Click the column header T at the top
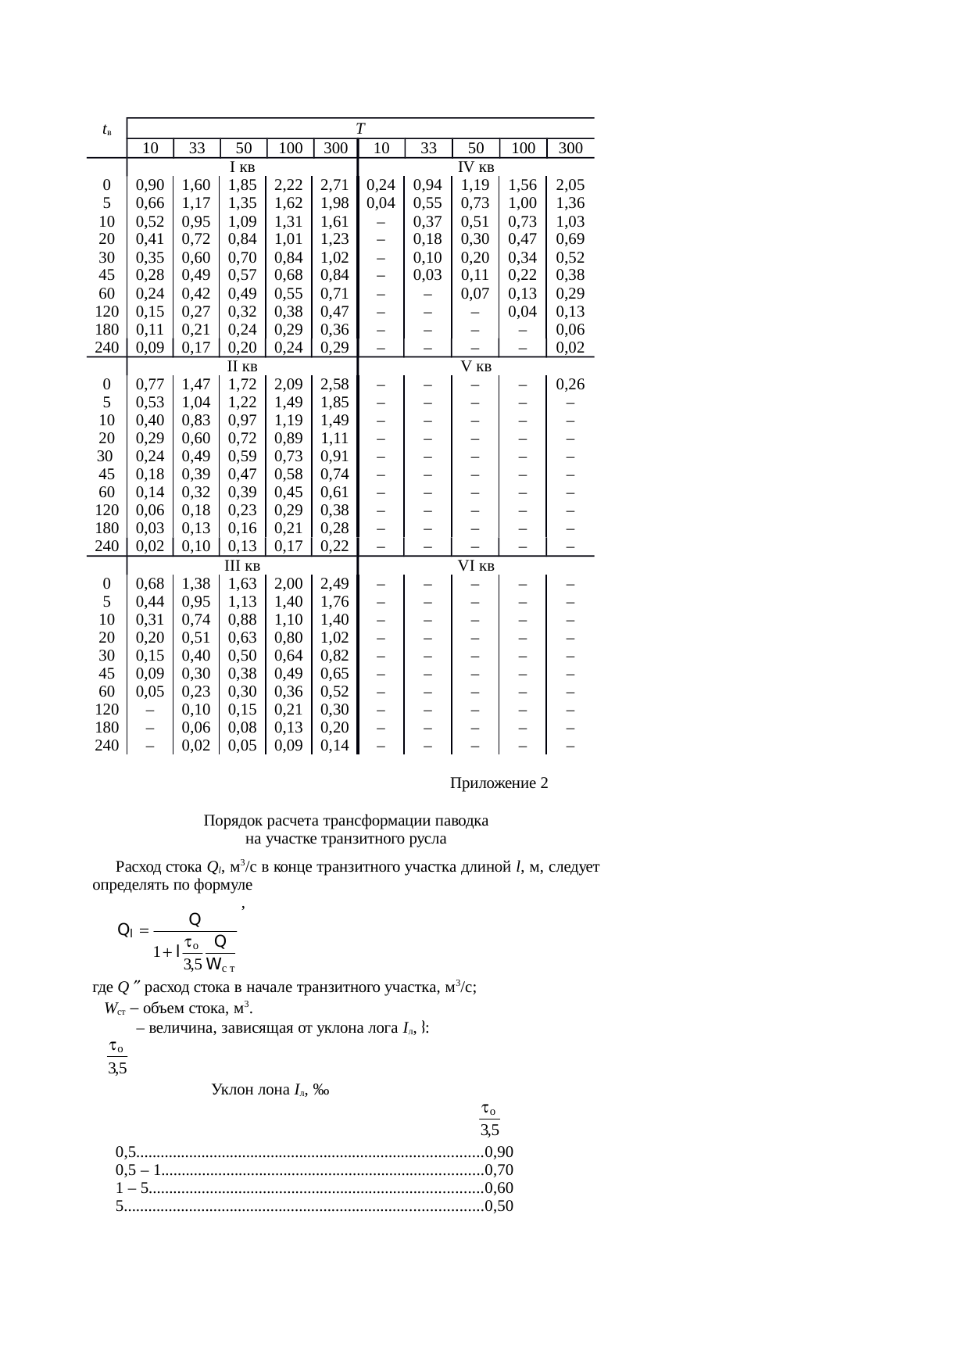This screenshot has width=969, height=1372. point(359,128)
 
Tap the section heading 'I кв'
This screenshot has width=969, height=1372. point(242,167)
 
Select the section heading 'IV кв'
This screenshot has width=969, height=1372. point(475,167)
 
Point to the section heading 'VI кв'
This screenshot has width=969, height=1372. point(475,565)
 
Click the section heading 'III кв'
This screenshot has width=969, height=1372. point(242,565)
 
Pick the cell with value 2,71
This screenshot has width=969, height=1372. point(334,185)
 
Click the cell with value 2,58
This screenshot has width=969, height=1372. point(334,385)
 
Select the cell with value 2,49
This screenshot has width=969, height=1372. point(334,584)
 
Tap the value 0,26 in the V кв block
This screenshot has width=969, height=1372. point(570,385)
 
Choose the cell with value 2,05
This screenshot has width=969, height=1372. point(570,185)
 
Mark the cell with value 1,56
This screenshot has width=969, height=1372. point(523,185)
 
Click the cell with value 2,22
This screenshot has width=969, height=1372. point(289,185)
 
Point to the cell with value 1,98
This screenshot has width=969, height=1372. point(334,203)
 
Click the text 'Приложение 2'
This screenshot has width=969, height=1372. point(499,783)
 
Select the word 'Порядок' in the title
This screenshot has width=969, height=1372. point(233,821)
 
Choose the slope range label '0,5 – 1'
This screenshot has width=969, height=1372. point(138,1170)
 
